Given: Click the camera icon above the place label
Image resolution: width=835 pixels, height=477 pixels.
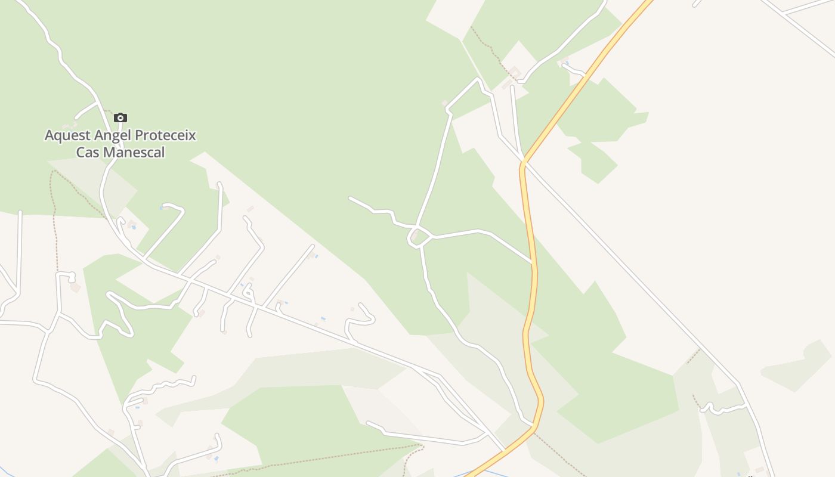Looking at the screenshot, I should [x=120, y=117].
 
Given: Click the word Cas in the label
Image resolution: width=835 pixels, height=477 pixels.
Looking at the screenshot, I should [x=87, y=153].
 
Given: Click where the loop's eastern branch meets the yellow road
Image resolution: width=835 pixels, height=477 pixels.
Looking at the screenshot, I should [x=531, y=261].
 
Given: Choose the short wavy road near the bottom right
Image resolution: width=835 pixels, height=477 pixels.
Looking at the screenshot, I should [x=725, y=409].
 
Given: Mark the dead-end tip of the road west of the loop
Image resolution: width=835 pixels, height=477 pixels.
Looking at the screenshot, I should [x=350, y=198].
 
